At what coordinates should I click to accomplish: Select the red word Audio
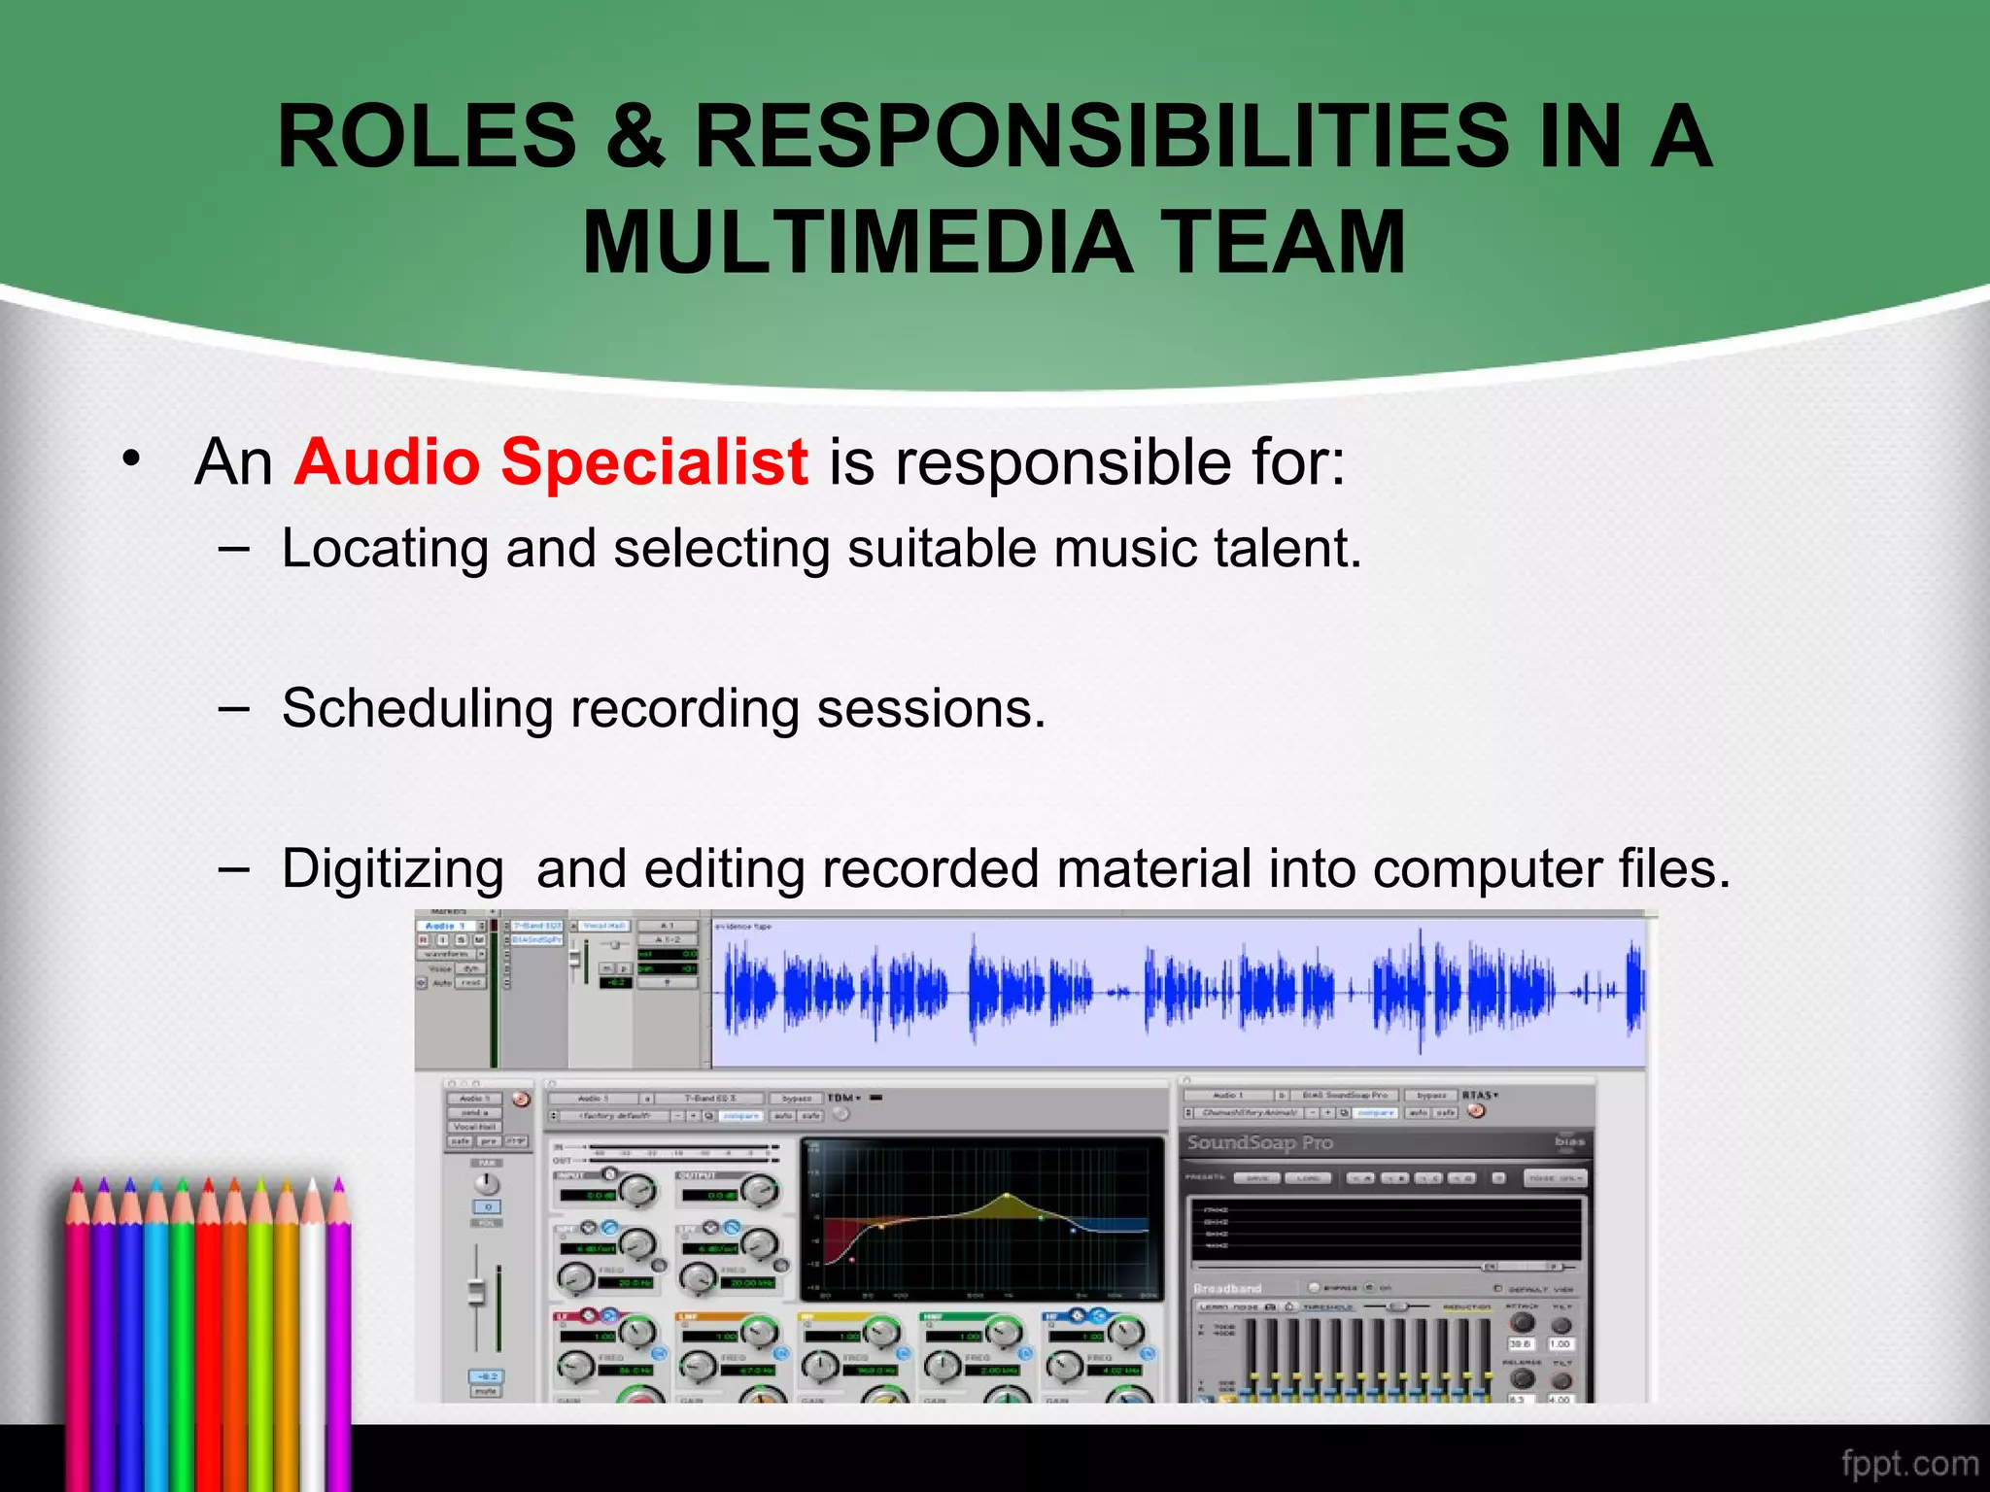(x=388, y=461)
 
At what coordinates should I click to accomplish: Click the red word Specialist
(x=654, y=461)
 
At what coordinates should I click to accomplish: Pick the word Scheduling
(x=416, y=709)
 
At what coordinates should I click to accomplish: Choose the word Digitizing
(x=393, y=869)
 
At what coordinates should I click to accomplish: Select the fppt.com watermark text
(x=1908, y=1463)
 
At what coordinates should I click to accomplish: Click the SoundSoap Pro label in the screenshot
(x=1259, y=1142)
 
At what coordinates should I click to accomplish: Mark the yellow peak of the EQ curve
(x=1007, y=1197)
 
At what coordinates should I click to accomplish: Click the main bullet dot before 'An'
(x=131, y=458)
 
